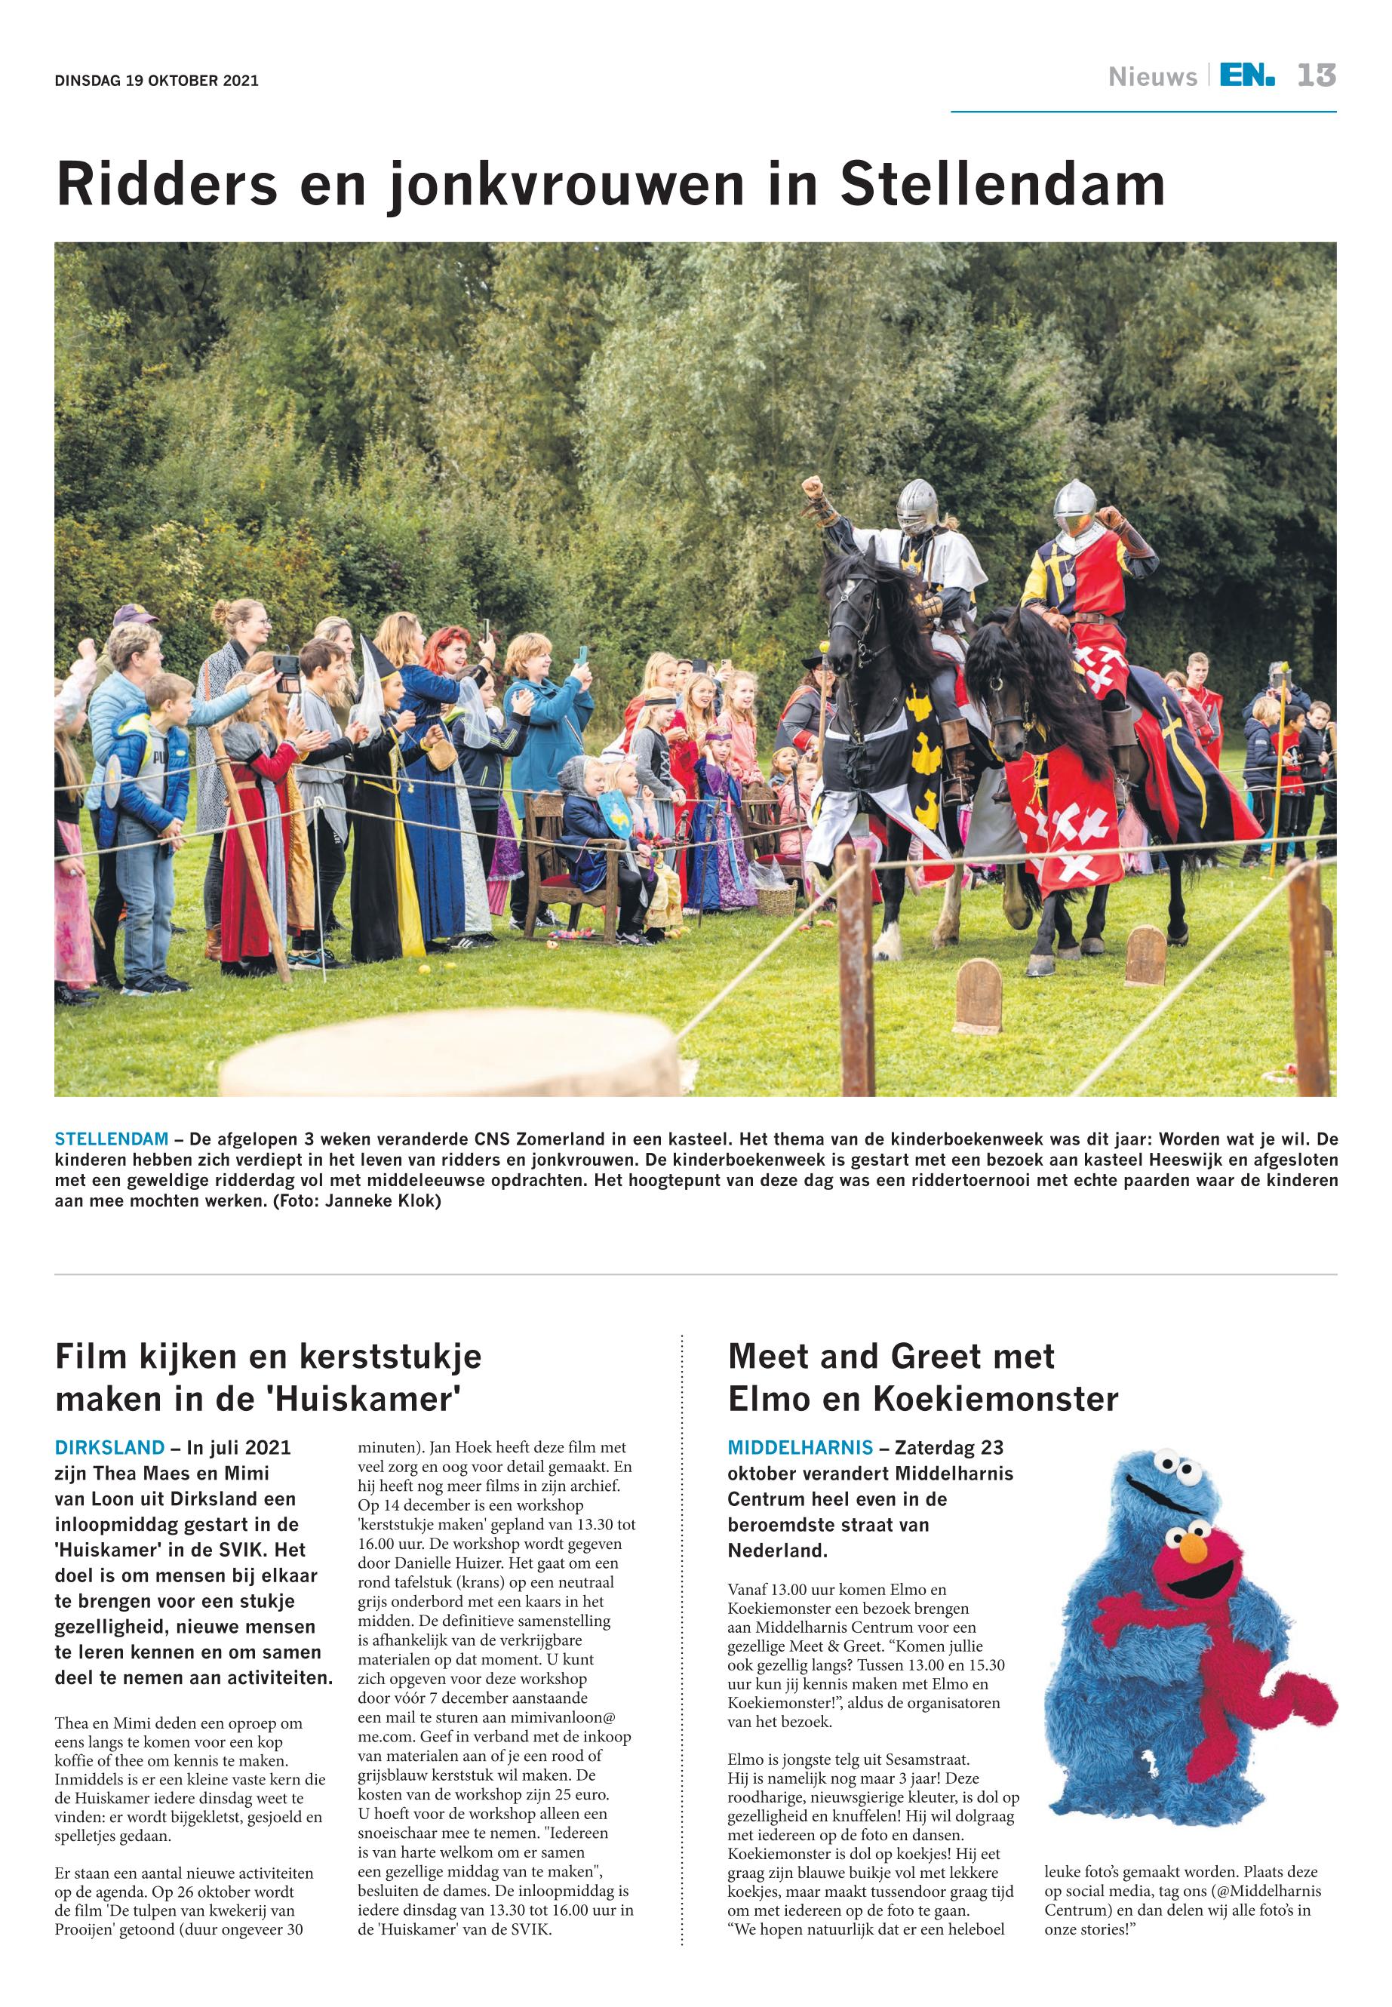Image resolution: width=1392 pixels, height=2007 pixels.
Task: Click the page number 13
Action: click(1315, 76)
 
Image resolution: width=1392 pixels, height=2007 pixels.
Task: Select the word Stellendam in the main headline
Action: click(1002, 184)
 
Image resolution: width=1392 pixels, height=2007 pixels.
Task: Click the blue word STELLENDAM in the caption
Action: click(111, 1139)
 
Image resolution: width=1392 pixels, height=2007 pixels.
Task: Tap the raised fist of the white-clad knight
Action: click(813, 486)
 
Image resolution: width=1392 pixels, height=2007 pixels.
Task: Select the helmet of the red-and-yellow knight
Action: click(1074, 504)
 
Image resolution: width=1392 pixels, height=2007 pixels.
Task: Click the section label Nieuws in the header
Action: click(1152, 78)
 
